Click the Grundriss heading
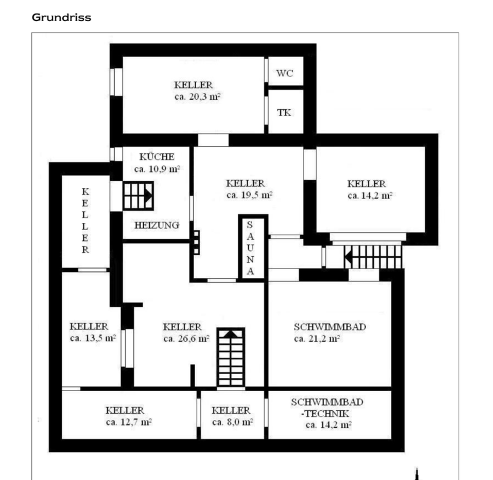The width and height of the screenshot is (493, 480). (x=62, y=17)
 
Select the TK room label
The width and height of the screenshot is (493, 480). (x=285, y=112)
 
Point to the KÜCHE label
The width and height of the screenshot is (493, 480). (x=157, y=157)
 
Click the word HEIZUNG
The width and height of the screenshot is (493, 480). (x=157, y=225)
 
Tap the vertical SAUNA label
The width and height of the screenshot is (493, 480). (x=250, y=248)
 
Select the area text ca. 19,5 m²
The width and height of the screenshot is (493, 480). (x=249, y=195)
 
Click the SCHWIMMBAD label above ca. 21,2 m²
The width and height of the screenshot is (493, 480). (x=330, y=327)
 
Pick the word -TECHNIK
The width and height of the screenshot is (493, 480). (x=325, y=413)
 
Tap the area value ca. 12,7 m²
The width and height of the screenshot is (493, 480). (x=128, y=423)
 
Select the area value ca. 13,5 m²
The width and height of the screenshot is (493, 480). (x=92, y=338)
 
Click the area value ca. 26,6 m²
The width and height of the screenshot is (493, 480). (x=186, y=338)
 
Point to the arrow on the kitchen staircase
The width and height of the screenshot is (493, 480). (x=147, y=195)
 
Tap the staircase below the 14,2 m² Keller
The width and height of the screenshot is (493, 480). (x=374, y=256)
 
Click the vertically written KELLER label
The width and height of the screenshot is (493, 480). (x=85, y=221)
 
